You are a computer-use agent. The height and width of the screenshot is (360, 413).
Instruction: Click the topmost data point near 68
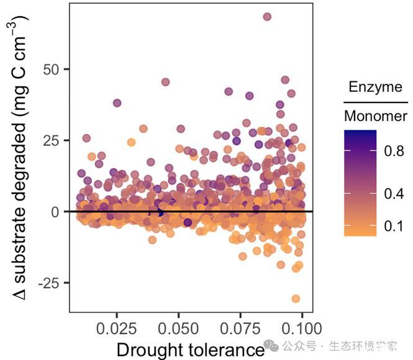coord(267,17)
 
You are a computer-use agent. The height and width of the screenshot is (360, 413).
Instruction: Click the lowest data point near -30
coord(296,299)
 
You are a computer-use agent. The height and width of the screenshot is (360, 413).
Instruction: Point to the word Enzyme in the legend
coord(375,87)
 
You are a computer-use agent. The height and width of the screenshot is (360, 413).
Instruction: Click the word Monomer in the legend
coord(375,116)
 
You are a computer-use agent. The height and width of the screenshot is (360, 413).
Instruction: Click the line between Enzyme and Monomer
coord(375,101)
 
